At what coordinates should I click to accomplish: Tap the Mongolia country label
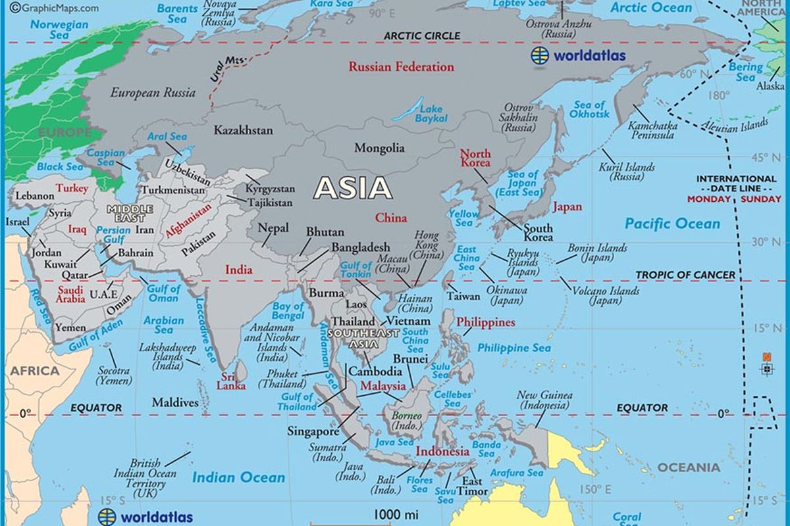pos(379,148)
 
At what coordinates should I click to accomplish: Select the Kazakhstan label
pos(243,130)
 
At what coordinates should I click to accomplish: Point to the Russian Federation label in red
pos(401,66)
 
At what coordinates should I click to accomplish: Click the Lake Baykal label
pos(431,114)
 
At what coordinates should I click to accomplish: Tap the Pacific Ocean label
pos(672,224)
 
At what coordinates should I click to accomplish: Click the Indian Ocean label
pos(238,478)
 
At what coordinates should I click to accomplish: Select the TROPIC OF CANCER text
pos(685,275)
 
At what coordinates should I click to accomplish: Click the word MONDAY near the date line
pos(709,199)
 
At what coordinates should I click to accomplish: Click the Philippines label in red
pos(486,322)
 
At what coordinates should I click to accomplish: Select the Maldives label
pos(175,402)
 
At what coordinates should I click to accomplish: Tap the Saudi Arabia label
pos(70,294)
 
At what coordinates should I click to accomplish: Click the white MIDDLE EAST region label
pos(130,212)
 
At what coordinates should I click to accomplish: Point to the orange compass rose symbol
pos(766,366)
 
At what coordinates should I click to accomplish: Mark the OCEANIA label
pos(689,467)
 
